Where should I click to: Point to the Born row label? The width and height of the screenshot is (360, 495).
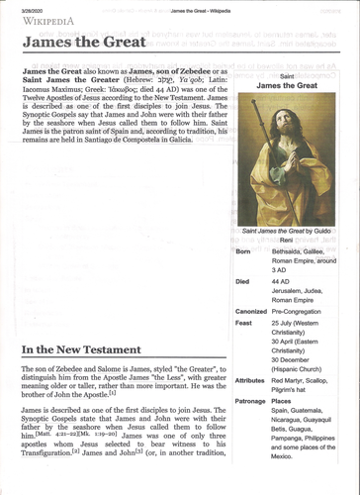click(x=244, y=252)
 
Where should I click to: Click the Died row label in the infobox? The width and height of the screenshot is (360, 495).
click(x=243, y=280)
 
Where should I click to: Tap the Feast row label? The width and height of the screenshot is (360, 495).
click(x=245, y=323)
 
